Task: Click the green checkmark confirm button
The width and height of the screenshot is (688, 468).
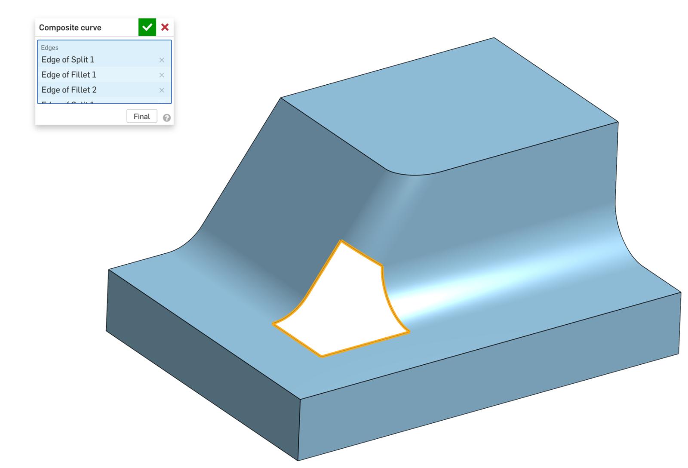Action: [x=147, y=27]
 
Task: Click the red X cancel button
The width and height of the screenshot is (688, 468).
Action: [x=165, y=27]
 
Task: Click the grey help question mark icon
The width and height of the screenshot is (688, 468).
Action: [x=167, y=118]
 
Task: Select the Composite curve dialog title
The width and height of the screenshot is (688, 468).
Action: [x=70, y=28]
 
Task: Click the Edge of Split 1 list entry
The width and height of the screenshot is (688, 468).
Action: [x=68, y=60]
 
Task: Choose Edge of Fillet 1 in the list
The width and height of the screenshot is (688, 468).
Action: [x=69, y=75]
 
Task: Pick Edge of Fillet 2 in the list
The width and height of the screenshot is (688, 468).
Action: [x=69, y=90]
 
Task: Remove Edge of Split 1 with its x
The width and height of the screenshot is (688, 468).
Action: [x=162, y=60]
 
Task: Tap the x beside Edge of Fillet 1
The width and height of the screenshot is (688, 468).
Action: [x=162, y=75]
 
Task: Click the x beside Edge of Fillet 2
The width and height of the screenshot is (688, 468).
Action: [x=162, y=90]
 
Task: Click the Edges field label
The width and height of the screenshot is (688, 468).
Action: [x=49, y=48]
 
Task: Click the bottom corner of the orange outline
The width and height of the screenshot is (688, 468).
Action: [x=322, y=356]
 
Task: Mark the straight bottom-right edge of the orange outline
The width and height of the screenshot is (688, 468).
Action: [x=365, y=344]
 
